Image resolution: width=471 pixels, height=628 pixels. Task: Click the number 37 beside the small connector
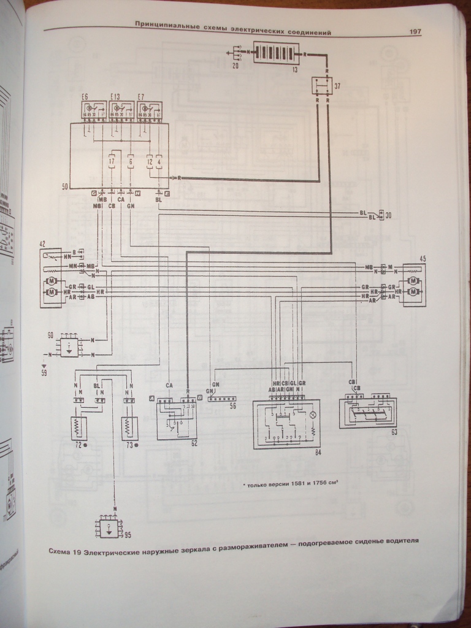(337, 86)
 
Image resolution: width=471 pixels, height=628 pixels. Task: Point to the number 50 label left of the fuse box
(64, 185)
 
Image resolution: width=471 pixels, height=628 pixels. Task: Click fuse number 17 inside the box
(112, 163)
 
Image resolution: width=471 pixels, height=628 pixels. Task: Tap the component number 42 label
(42, 244)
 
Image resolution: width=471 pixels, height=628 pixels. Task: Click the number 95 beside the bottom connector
(127, 535)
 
